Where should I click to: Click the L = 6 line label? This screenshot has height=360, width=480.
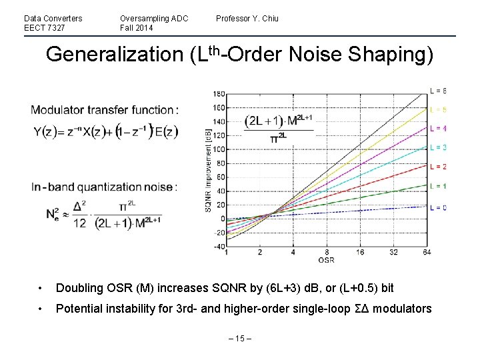tap(438, 91)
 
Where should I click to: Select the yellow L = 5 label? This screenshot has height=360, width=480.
tap(438, 109)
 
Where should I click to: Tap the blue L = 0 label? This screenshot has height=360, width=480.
tap(438, 207)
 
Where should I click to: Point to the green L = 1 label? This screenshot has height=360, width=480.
tap(438, 186)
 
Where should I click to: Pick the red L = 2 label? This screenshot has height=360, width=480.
tap(438, 167)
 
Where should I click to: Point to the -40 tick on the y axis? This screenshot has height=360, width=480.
tap(218, 247)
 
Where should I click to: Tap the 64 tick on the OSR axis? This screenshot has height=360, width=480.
tap(426, 253)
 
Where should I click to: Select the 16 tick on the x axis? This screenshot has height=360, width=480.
tap(359, 253)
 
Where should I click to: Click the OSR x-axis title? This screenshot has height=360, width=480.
tap(326, 261)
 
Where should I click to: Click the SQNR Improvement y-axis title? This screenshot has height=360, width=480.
tap(207, 170)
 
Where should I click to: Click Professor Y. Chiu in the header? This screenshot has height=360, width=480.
tap(247, 19)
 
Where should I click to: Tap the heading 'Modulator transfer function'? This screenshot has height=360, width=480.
tap(104, 110)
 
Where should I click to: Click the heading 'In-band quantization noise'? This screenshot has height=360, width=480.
tap(104, 187)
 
